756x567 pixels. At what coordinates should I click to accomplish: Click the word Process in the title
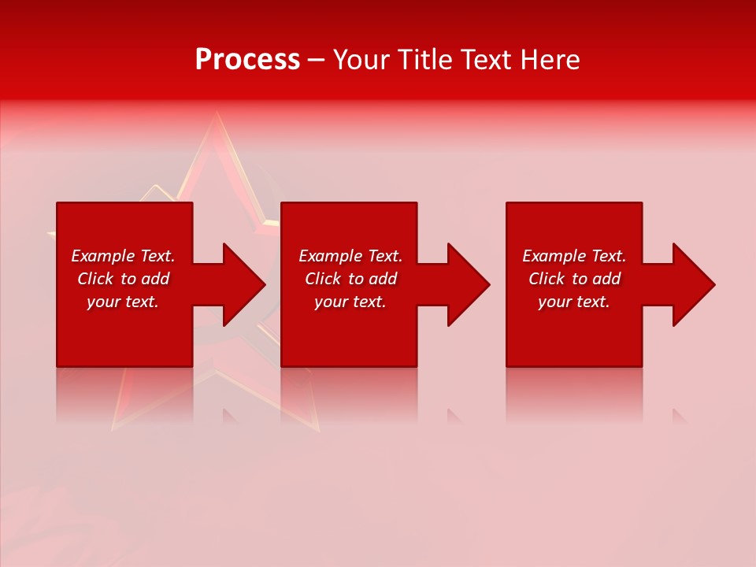[247, 60]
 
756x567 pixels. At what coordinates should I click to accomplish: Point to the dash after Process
[316, 61]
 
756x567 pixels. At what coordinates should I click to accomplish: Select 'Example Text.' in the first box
[123, 256]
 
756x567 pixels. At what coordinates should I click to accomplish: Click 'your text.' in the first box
[123, 302]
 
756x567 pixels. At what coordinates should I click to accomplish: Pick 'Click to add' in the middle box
[350, 279]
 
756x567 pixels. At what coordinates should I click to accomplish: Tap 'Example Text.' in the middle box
[350, 256]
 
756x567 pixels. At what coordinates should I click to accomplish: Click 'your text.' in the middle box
[350, 302]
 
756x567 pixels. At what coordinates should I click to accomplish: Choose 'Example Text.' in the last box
[574, 256]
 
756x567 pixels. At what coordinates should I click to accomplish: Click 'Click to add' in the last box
[574, 279]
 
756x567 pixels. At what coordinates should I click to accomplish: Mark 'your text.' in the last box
[574, 302]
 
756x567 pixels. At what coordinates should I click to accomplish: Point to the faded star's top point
[213, 117]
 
